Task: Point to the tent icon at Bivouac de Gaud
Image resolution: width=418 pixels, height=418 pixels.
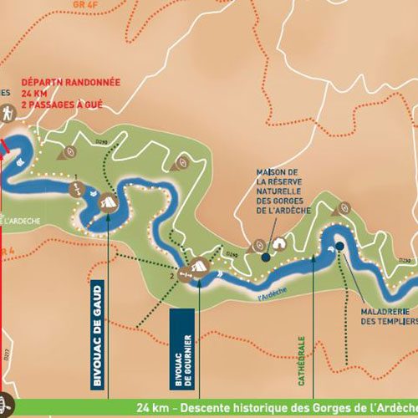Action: pyautogui.click(x=108, y=201)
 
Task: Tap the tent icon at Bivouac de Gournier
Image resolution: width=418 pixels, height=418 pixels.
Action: pyautogui.click(x=198, y=267)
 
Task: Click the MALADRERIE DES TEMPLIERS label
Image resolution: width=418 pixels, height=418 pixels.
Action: pyautogui.click(x=381, y=321)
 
